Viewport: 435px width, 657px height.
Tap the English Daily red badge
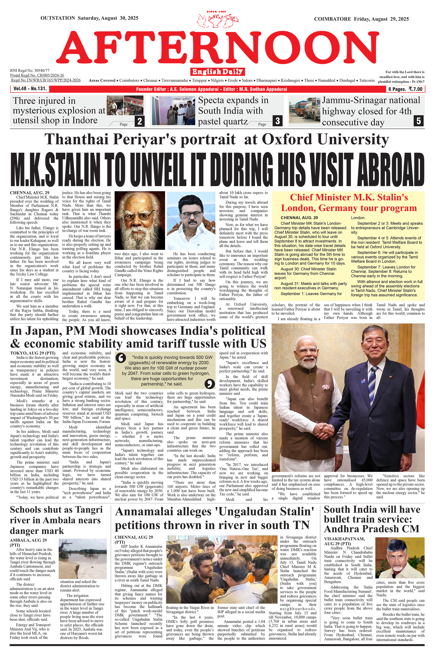click(217, 72)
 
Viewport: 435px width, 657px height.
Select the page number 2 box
click(139, 121)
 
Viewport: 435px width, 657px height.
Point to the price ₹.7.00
click(413, 89)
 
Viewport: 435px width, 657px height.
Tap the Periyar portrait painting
click(139, 220)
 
